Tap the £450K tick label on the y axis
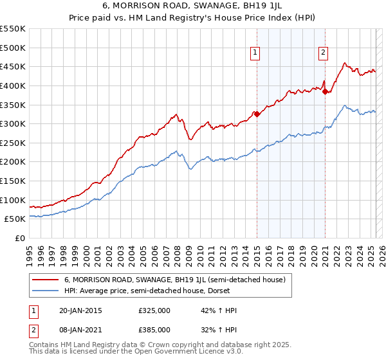coord(12,66)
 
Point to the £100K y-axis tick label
coord(12,200)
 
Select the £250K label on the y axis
coord(12,143)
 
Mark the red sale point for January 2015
coord(257,114)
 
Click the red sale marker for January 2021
coord(326,91)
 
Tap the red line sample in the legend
coord(44,280)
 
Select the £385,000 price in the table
coord(154,329)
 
